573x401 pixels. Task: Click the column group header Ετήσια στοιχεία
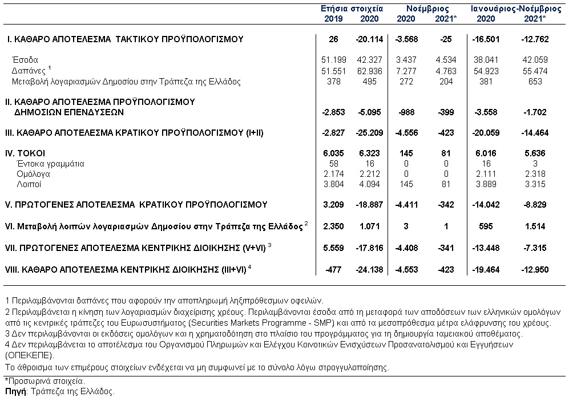pyautogui.click(x=352, y=9)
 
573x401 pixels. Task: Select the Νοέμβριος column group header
pyautogui.click(x=427, y=9)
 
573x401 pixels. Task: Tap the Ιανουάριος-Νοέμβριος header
pyautogui.click(x=515, y=9)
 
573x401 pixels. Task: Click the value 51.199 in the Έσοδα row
pyautogui.click(x=334, y=60)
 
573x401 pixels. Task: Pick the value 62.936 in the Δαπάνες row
pyautogui.click(x=369, y=71)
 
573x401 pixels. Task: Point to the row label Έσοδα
pyautogui.click(x=25, y=60)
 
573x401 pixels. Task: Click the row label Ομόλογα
pyautogui.click(x=33, y=174)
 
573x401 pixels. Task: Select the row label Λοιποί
pyautogui.click(x=29, y=184)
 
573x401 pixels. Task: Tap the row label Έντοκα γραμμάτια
pyautogui.click(x=50, y=164)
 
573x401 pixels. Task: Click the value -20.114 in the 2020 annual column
pyautogui.click(x=369, y=39)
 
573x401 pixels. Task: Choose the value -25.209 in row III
pyautogui.click(x=369, y=133)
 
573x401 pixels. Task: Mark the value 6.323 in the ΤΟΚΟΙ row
pyautogui.click(x=369, y=153)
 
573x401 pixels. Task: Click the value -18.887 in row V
pyautogui.click(x=369, y=205)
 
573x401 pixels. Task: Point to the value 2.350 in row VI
pyautogui.click(x=334, y=226)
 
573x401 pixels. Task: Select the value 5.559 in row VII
pyautogui.click(x=334, y=248)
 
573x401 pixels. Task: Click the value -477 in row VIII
pyautogui.click(x=334, y=270)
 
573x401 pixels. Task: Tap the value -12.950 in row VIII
pyautogui.click(x=535, y=270)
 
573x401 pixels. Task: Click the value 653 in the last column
pyautogui.click(x=535, y=82)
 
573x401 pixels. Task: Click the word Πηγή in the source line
pyautogui.click(x=16, y=392)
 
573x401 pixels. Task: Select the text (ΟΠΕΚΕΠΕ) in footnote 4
pyautogui.click(x=30, y=355)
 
